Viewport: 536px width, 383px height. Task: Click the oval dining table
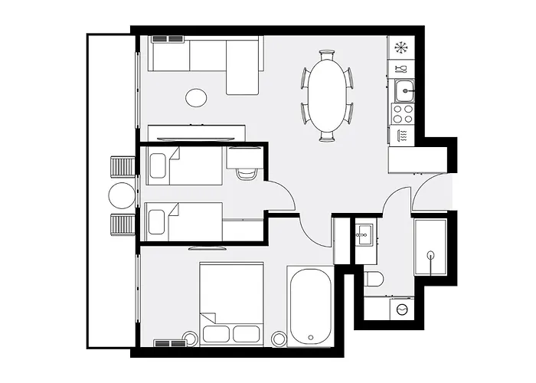(x=327, y=96)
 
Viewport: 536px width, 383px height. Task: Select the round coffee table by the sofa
(x=197, y=98)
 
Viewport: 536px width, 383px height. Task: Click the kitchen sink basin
(x=404, y=90)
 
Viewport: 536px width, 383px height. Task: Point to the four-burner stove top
(x=403, y=113)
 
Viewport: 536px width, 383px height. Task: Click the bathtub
(x=309, y=305)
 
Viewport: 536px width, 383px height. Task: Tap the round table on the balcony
(x=121, y=195)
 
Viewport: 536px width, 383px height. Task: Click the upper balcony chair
(x=123, y=165)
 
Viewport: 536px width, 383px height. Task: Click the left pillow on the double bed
(x=215, y=333)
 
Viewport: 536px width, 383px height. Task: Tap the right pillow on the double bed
(x=246, y=333)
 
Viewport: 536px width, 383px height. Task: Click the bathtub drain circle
(x=309, y=336)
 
